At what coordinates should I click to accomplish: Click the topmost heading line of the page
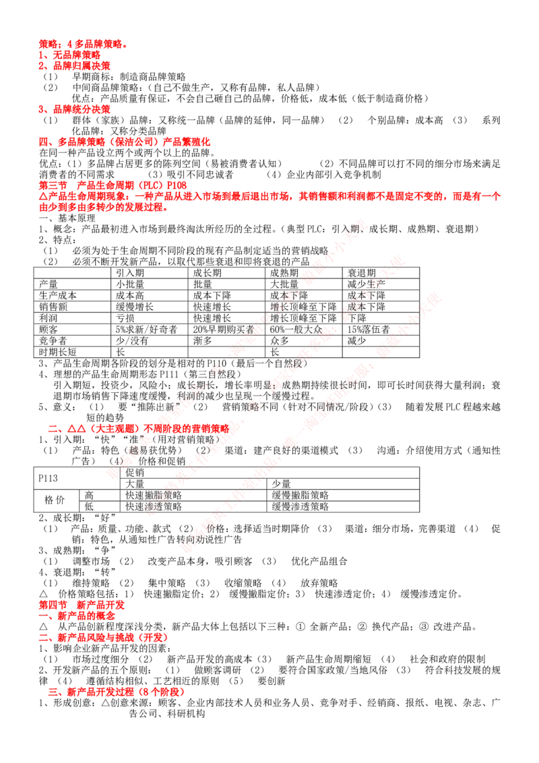(x=82, y=44)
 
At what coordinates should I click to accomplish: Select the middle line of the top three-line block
(x=69, y=55)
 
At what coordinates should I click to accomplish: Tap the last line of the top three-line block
(x=74, y=66)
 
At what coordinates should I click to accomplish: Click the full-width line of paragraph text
(x=269, y=197)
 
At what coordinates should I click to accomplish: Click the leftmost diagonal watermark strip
(x=236, y=347)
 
